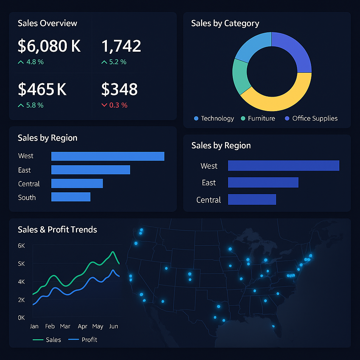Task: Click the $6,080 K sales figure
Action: [x=49, y=46]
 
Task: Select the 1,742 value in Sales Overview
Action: [x=121, y=46]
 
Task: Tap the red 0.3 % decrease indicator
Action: [x=115, y=105]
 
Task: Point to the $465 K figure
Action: [x=42, y=89]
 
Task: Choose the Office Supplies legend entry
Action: [x=311, y=118]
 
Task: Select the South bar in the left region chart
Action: [x=71, y=197]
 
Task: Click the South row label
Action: [x=27, y=198]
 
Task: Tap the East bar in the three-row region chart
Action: [x=263, y=182]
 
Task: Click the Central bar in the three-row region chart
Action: [x=252, y=199]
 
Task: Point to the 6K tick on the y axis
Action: [x=21, y=246]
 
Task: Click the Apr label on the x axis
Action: [x=83, y=326]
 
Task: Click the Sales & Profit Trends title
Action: [x=57, y=230]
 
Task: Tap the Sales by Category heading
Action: [x=225, y=24]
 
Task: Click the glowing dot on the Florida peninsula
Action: [x=273, y=326]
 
